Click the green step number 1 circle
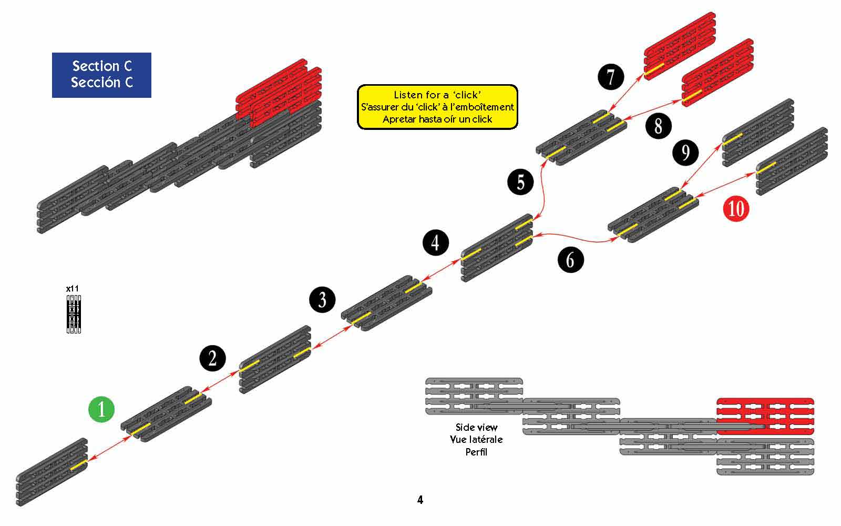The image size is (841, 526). tap(101, 409)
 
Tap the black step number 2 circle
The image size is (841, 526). tap(212, 358)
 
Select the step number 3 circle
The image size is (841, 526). tap(322, 299)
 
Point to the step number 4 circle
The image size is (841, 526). tap(435, 242)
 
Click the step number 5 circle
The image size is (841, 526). tap(520, 182)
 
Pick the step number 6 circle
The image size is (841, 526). tap(570, 259)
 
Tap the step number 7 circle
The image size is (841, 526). tap(611, 77)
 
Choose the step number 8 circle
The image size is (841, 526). tap(659, 126)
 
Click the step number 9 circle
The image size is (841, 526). tap(685, 153)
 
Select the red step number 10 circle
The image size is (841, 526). tap(736, 208)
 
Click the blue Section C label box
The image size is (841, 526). tap(101, 75)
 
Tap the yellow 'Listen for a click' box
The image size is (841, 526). tap(437, 107)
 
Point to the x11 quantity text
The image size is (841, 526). tap(73, 289)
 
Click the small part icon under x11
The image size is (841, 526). tap(74, 314)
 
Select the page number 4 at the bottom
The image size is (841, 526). tap(420, 500)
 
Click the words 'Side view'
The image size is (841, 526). tap(476, 427)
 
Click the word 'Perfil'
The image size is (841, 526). tap(476, 451)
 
